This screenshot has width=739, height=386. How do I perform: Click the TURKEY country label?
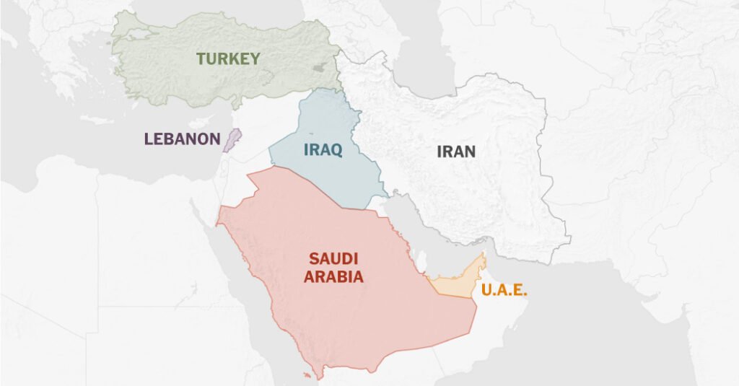(228, 59)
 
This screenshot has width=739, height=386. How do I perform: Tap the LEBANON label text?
(182, 139)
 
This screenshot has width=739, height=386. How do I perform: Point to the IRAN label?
(456, 152)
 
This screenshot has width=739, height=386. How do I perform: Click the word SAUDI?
(333, 258)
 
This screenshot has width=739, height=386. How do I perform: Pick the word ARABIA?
(333, 276)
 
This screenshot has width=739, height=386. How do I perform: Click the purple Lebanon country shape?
(230, 140)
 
